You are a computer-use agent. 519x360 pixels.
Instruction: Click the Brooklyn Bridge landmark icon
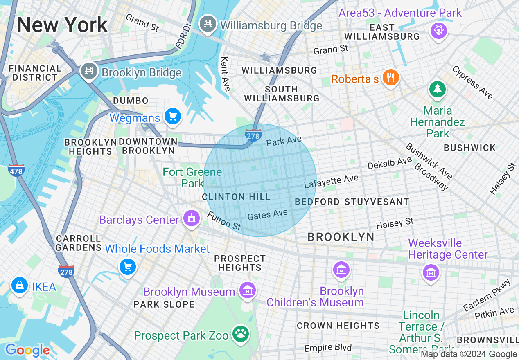[x=89, y=71]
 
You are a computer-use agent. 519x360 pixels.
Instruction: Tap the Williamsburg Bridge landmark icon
[x=208, y=23]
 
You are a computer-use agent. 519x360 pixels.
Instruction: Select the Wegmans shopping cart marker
[x=172, y=116]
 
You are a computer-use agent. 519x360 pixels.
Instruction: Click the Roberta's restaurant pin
[x=390, y=77]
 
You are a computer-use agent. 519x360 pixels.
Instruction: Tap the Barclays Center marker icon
[x=191, y=218]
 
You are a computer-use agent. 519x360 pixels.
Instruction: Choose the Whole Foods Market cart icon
[x=127, y=267]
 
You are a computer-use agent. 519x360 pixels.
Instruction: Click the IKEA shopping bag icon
[x=19, y=285]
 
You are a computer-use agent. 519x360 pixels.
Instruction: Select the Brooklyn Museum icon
[x=247, y=290]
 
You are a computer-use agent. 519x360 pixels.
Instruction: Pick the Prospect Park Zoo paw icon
[x=240, y=334]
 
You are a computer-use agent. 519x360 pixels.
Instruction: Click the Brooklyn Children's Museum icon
[x=341, y=270]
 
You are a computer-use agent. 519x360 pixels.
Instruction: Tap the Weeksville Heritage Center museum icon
[x=431, y=272]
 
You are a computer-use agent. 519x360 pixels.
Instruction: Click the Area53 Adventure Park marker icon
[x=438, y=29]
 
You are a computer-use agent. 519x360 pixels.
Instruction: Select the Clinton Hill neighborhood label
[x=236, y=197]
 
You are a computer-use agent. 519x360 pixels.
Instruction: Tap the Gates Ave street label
[x=268, y=214]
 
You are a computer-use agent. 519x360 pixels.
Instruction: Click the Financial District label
[x=35, y=73]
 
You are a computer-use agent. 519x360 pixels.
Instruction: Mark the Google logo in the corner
[x=27, y=351]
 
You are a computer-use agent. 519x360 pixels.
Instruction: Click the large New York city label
[x=62, y=25]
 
